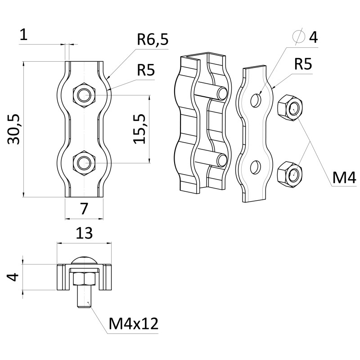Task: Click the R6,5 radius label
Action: click(x=153, y=40)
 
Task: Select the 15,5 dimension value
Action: click(x=140, y=129)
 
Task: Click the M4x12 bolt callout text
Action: click(x=133, y=324)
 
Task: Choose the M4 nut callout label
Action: click(x=344, y=178)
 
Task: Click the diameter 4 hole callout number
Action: click(x=313, y=37)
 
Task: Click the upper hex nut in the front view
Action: click(x=84, y=94)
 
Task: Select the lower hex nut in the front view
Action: click(x=84, y=162)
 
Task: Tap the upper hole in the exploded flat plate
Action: click(x=256, y=100)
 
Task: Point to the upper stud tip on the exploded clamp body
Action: click(x=222, y=94)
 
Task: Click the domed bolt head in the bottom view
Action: click(x=84, y=260)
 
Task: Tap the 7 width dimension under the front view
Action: click(x=84, y=208)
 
